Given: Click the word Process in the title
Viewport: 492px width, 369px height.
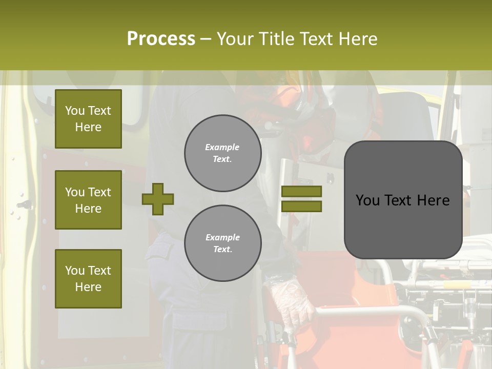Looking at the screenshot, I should point(160,38).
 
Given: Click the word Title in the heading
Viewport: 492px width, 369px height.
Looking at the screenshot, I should point(274,39).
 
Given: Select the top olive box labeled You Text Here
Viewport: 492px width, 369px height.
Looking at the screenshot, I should point(88,119).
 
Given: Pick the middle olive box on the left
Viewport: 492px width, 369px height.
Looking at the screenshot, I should point(88,200).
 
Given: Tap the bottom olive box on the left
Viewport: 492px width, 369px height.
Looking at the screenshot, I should point(88,279).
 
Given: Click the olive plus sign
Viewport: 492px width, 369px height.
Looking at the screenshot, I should point(158,199).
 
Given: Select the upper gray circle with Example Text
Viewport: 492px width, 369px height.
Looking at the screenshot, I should point(222,153).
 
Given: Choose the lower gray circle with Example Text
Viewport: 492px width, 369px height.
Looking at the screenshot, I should point(222,243).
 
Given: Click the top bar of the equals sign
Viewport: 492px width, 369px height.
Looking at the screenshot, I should point(301,191).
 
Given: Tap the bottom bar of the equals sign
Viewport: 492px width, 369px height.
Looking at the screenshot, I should point(301,207).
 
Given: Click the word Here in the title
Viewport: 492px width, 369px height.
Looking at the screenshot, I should point(357,39).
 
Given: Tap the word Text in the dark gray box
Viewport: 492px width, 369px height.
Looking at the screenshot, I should point(402,200).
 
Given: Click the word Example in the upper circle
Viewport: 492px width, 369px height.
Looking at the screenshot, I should point(222,147).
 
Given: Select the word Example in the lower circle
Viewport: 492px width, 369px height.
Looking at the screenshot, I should point(222,237).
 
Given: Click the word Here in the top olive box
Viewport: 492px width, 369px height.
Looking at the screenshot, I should point(88,127).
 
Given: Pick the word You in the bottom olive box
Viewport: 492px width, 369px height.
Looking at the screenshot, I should point(74,271).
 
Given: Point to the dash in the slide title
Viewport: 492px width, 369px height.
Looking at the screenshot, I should point(206,39).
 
